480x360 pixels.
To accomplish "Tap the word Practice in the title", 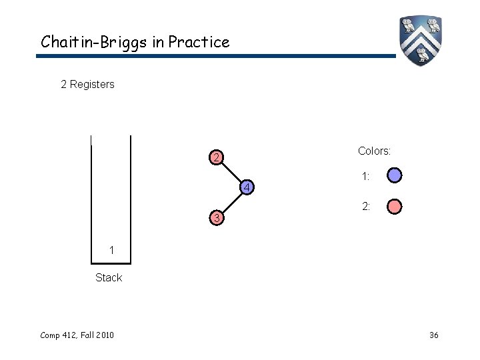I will pyautogui.click(x=199, y=42).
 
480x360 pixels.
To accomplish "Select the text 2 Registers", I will pyautogui.click(x=87, y=85).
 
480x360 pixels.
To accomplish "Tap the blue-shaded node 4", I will pyautogui.click(x=246, y=189).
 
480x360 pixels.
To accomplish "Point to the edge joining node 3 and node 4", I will pyautogui.click(x=231, y=204).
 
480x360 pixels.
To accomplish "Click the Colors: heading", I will pyautogui.click(x=374, y=151).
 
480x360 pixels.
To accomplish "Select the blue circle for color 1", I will pyautogui.click(x=394, y=176).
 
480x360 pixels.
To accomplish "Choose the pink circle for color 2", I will pyautogui.click(x=394, y=207).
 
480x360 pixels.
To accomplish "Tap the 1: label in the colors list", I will pyautogui.click(x=366, y=177).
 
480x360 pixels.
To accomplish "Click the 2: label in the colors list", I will pyautogui.click(x=366, y=207).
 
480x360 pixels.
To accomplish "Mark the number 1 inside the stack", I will pyautogui.click(x=113, y=250).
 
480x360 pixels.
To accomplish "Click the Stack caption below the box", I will pyautogui.click(x=109, y=277).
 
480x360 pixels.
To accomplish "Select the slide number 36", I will pyautogui.click(x=433, y=335).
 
